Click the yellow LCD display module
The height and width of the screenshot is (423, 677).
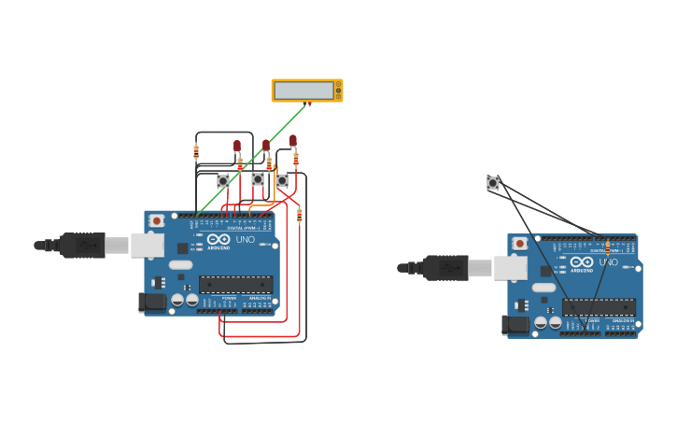(306, 91)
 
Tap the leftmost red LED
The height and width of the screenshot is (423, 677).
(237, 146)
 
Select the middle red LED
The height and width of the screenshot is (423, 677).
(266, 145)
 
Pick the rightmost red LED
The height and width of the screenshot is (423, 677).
(292, 141)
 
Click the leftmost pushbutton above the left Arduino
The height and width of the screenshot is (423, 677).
(223, 181)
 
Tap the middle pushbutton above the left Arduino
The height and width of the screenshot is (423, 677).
(258, 178)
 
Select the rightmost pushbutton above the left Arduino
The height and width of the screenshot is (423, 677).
(282, 180)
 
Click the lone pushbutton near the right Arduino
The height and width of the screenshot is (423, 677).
(493, 183)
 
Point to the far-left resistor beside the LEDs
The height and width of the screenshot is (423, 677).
(196, 152)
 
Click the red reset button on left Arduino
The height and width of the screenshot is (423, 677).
(157, 220)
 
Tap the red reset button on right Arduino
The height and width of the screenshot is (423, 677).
(520, 244)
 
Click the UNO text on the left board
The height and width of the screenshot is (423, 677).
(244, 240)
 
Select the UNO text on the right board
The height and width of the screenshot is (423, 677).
(608, 262)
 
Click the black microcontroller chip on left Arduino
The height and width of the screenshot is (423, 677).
(235, 284)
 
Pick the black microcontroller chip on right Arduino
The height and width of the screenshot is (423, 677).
(599, 307)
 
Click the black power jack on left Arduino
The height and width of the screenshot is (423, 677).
(152, 303)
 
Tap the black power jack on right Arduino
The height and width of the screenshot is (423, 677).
(515, 325)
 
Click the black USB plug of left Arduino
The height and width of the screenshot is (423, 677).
(82, 245)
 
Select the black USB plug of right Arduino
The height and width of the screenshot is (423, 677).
(445, 268)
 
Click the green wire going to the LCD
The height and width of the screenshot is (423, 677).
(252, 159)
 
